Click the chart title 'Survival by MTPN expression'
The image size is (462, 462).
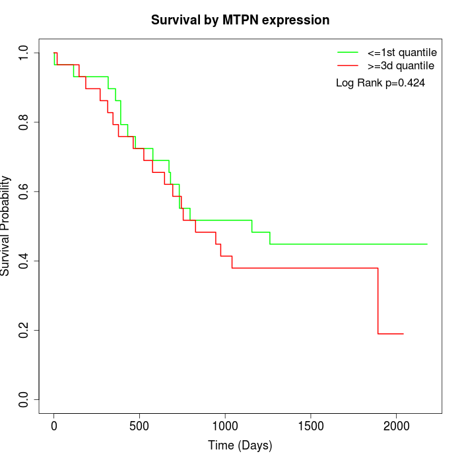[240, 20]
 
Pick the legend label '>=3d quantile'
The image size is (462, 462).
[401, 65]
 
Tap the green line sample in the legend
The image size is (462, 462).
[348, 51]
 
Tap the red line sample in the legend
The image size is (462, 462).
[348, 65]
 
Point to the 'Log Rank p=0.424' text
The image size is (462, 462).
[380, 83]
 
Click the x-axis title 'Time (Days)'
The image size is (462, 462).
[240, 445]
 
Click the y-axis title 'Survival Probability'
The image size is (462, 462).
[6, 226]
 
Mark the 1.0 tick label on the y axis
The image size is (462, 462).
[25, 53]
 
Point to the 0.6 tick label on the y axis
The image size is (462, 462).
[25, 191]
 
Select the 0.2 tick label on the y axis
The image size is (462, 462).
[25, 330]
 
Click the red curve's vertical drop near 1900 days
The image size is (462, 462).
[378, 301]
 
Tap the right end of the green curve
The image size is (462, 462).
[427, 244]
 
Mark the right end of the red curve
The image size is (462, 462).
[403, 334]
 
